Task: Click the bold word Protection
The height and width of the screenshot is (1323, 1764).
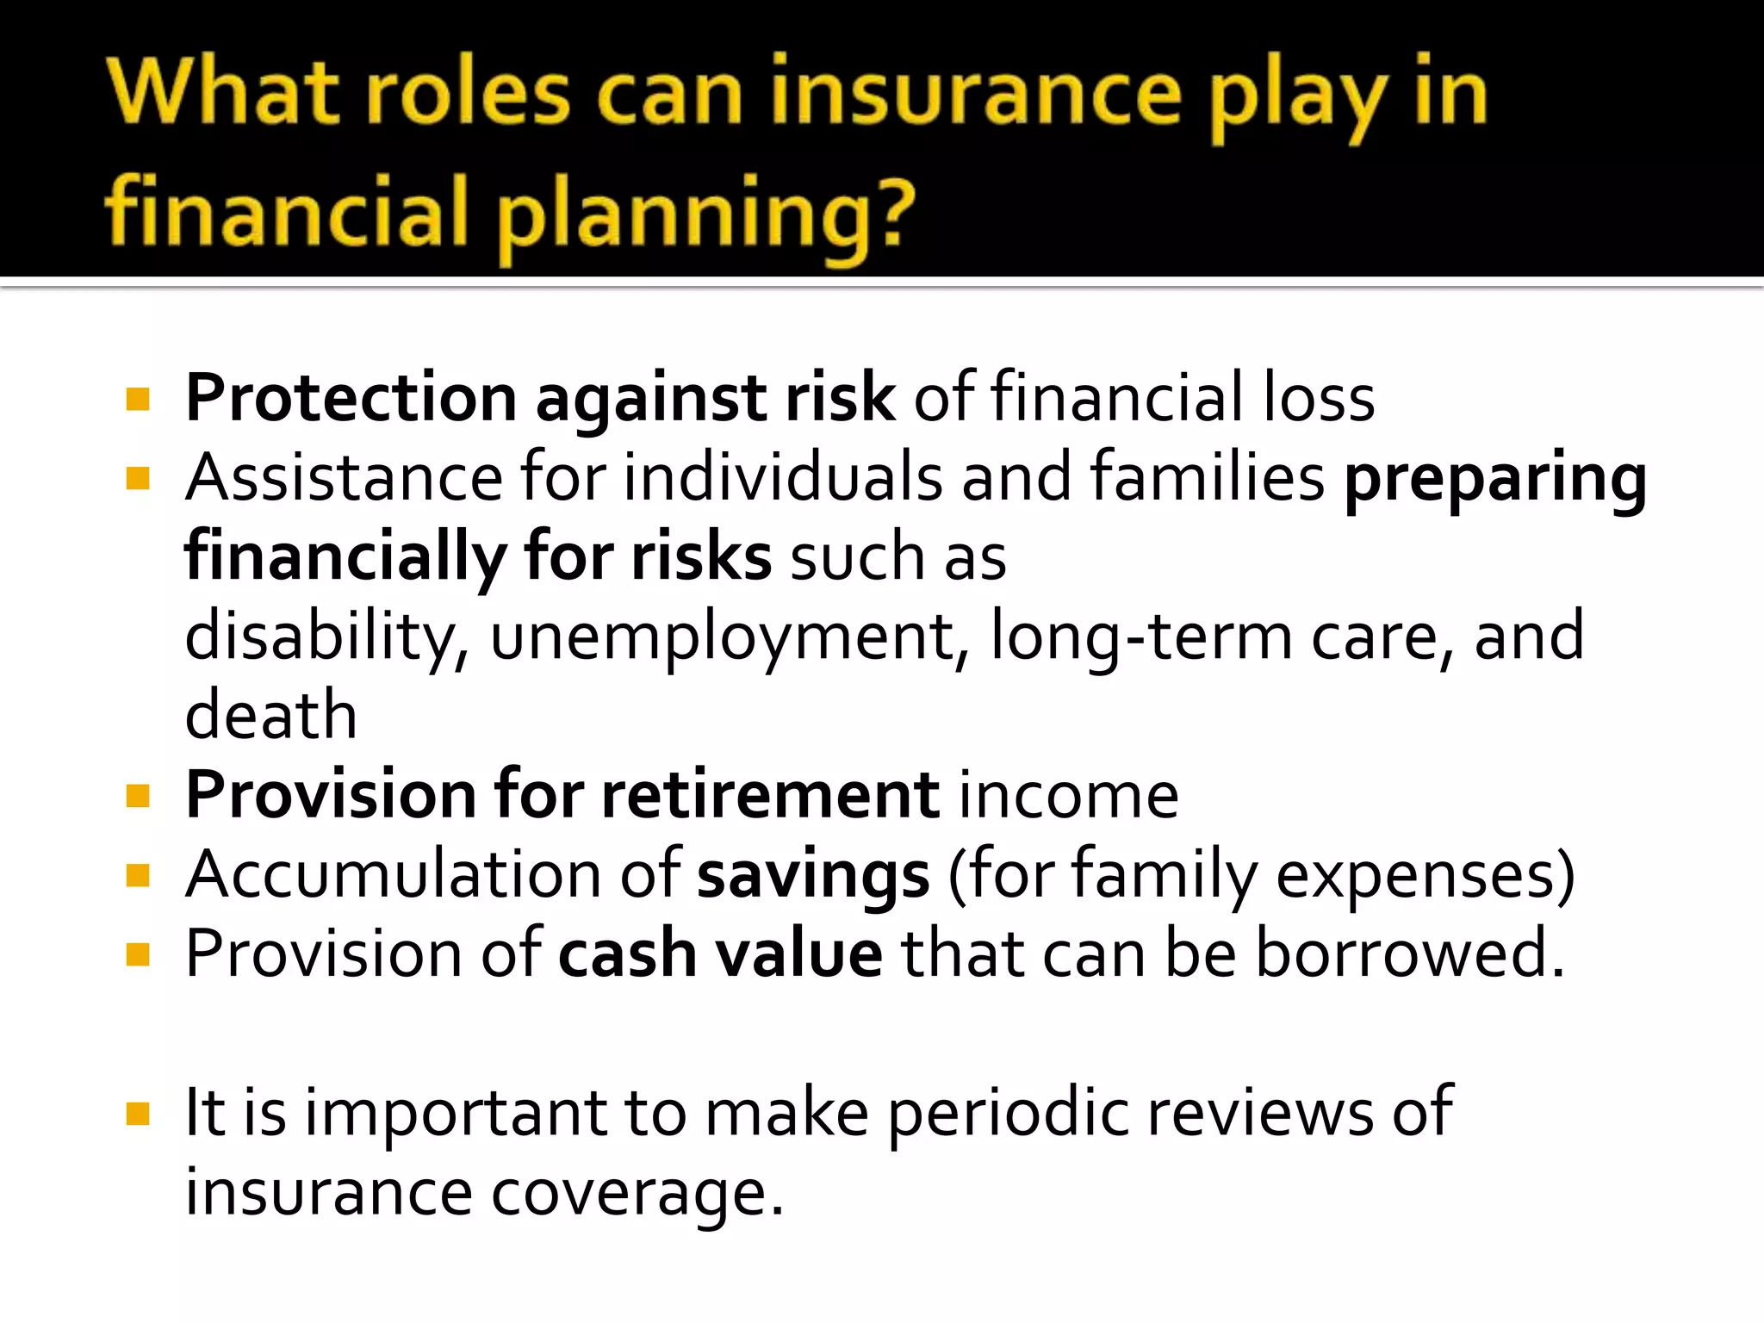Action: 351,399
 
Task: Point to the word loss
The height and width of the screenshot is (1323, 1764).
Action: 1319,399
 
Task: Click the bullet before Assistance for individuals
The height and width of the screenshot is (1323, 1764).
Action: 138,478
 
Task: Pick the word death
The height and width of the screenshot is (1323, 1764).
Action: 270,715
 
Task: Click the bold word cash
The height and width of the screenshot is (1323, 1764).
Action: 627,954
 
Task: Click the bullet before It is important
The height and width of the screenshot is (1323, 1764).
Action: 138,1114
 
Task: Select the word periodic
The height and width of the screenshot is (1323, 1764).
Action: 1008,1115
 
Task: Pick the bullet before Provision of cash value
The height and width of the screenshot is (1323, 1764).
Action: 138,954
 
